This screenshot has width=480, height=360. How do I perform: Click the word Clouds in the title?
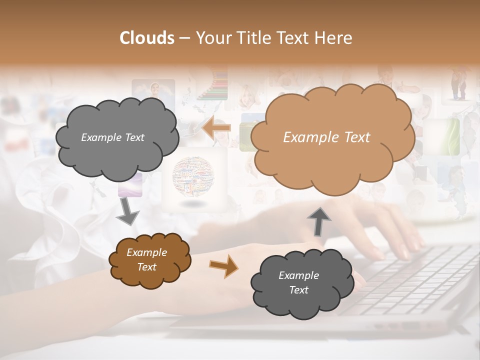click(146, 38)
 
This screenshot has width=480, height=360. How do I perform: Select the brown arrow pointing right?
click(223, 266)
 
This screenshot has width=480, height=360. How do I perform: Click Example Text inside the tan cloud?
click(326, 137)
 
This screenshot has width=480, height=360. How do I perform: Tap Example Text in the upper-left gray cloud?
click(112, 137)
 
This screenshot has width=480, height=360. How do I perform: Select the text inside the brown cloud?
click(146, 260)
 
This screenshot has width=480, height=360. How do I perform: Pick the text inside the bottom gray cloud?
click(298, 282)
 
